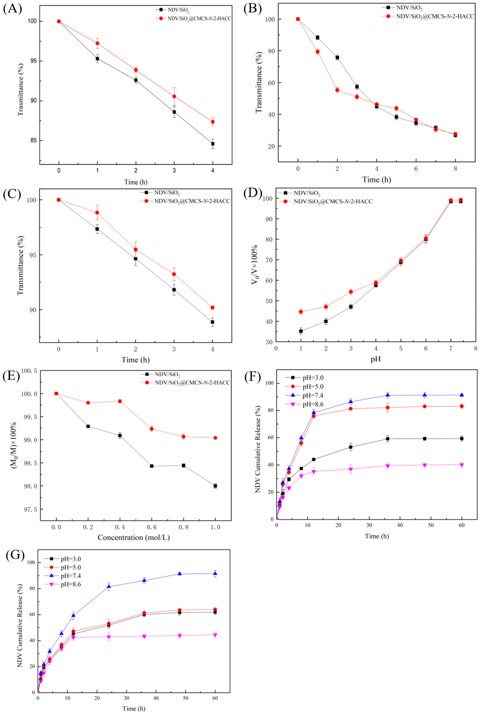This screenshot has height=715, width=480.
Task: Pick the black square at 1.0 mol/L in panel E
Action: (x=215, y=486)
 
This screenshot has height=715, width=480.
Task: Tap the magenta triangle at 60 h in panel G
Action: (x=215, y=635)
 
